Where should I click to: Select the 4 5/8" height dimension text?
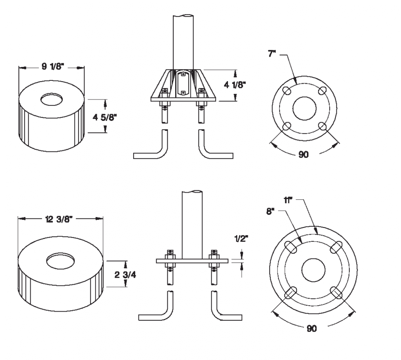(105, 118)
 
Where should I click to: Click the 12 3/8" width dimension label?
(59, 219)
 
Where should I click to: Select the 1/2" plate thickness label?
(241, 238)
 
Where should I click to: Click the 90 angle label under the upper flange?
(303, 155)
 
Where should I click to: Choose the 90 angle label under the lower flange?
(312, 329)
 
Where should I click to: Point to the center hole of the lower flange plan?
(313, 270)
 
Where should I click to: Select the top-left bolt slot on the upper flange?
(287, 90)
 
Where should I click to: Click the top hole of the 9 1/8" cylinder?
(52, 99)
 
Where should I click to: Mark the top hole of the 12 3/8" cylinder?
(60, 260)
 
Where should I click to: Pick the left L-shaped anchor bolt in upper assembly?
(151, 148)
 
